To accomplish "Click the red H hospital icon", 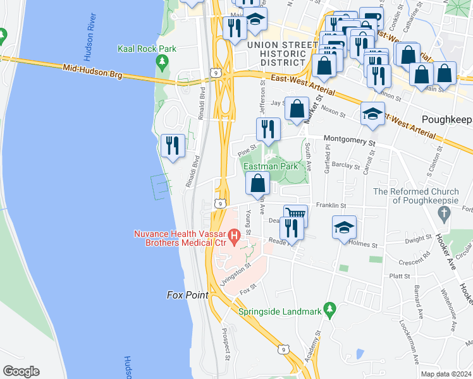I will (x=235, y=238).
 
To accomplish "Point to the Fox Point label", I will (x=187, y=295).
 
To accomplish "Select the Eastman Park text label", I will (x=271, y=166).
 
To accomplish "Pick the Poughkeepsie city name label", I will (x=446, y=119).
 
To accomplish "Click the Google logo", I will (x=21, y=371).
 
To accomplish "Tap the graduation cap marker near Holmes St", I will (x=343, y=227).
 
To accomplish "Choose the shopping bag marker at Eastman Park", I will (x=258, y=184).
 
